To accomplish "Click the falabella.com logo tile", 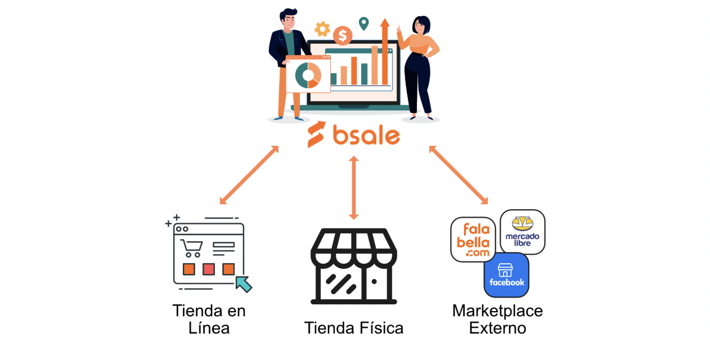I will [473, 240].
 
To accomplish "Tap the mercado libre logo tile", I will [523, 232].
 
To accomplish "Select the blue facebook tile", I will [506, 274].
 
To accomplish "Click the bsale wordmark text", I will [366, 136].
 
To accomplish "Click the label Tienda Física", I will [354, 328].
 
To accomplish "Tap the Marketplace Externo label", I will [497, 319].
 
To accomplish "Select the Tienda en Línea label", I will [209, 319].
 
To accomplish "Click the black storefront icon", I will [354, 267].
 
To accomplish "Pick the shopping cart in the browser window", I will [191, 248].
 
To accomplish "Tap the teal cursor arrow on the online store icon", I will [244, 283].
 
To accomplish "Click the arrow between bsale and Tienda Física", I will [354, 188].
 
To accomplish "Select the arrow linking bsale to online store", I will [249, 175].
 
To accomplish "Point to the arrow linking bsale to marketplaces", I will [459, 175].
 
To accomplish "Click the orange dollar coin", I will [342, 36].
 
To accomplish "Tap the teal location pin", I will [364, 24].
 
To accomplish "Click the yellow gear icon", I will [322, 28].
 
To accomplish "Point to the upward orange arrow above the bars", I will [385, 51].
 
